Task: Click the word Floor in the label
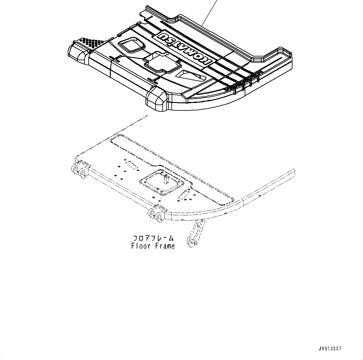(141, 246)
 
